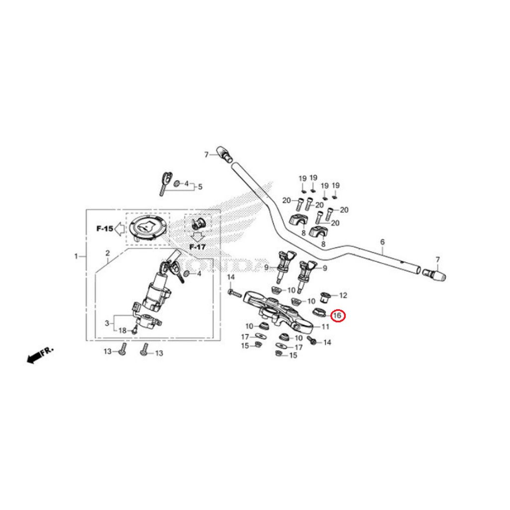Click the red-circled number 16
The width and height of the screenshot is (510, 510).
[x=338, y=315]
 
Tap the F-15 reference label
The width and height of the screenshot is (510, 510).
[x=105, y=229]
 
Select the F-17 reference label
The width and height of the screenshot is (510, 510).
[x=197, y=247]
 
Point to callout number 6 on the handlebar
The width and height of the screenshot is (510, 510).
[x=382, y=242]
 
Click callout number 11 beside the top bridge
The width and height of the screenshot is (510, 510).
[x=325, y=327]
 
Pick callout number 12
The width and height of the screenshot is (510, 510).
[x=343, y=296]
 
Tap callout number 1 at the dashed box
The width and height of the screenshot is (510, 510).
[x=76, y=256]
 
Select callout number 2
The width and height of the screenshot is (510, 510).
[x=108, y=253]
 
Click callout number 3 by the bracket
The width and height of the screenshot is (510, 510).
[x=107, y=323]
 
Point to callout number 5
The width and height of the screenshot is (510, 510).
[x=200, y=187]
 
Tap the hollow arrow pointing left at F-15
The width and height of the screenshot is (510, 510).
[x=120, y=229]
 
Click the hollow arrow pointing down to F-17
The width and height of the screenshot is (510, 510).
[x=198, y=237]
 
